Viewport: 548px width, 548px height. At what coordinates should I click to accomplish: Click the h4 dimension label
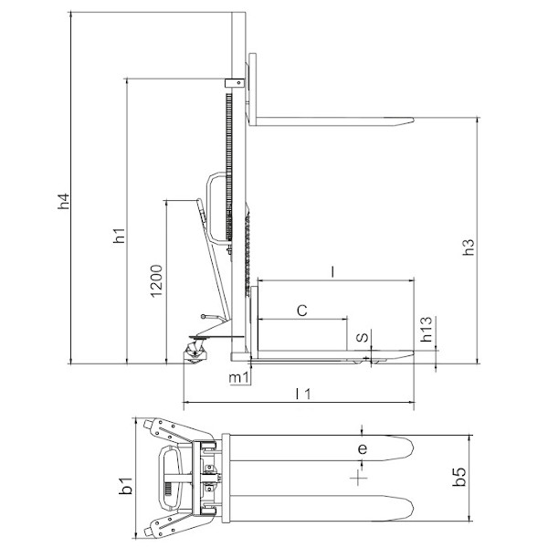point(64,201)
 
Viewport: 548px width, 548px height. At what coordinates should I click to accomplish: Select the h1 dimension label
point(119,236)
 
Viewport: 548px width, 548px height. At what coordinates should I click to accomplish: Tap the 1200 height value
point(156,281)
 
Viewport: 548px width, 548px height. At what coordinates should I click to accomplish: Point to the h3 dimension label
point(469,248)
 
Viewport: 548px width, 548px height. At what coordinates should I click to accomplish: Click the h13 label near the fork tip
point(427,329)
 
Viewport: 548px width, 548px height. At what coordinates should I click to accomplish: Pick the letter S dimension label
point(363,337)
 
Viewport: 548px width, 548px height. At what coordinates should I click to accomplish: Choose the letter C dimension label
point(302,311)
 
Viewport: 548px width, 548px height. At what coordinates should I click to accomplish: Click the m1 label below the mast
point(239,378)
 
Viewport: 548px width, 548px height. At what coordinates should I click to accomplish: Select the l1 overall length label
point(303,394)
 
